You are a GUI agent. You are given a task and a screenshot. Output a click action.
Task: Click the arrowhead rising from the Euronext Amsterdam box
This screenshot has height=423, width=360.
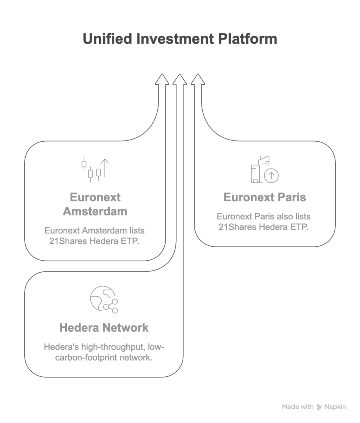[x=162, y=80]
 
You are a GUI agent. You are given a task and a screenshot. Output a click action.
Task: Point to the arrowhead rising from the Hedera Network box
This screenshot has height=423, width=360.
[x=180, y=80]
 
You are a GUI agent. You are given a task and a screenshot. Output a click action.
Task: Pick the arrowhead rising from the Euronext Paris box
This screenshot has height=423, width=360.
[x=198, y=80]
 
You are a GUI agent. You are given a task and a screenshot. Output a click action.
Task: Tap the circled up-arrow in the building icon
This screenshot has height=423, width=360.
[x=271, y=176]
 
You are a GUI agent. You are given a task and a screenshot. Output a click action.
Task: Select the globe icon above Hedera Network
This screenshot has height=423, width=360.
[x=103, y=299]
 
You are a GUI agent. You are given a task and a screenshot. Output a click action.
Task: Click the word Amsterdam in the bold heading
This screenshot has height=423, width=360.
[x=95, y=211]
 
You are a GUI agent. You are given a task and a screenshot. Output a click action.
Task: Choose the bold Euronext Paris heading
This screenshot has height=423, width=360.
[x=265, y=197]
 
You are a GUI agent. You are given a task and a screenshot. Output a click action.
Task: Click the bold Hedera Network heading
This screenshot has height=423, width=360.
[x=104, y=328]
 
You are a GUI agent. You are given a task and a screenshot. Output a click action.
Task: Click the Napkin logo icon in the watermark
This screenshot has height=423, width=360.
[x=319, y=407]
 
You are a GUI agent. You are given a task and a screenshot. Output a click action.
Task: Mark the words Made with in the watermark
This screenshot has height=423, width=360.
[x=298, y=407]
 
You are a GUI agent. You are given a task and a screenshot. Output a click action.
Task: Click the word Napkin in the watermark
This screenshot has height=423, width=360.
[x=335, y=407]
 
